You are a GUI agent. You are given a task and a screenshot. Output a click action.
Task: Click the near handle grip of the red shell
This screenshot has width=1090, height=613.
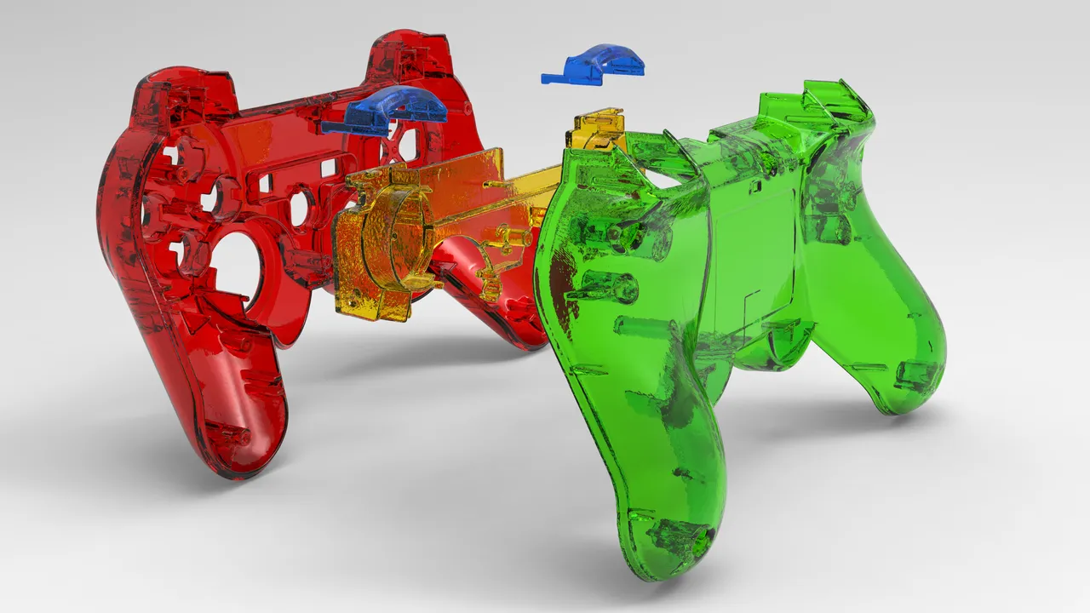click(230, 400)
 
